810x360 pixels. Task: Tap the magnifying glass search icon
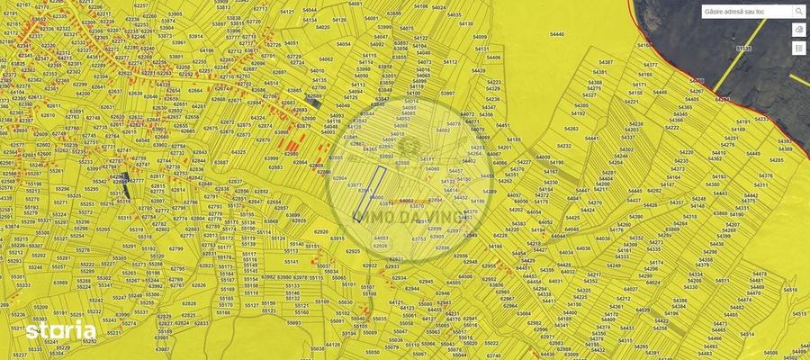click(798, 12)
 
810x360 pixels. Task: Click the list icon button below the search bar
click(799, 48)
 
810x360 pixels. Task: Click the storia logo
click(60, 331)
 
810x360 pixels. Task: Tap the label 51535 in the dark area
click(743, 48)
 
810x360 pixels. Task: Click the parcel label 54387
click(604, 62)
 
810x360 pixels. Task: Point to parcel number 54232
click(564, 145)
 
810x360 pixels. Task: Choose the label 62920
click(320, 231)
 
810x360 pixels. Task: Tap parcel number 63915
click(337, 238)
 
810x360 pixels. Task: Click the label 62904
click(340, 178)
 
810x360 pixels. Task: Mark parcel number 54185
click(514, 139)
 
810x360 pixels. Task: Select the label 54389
click(489, 191)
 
